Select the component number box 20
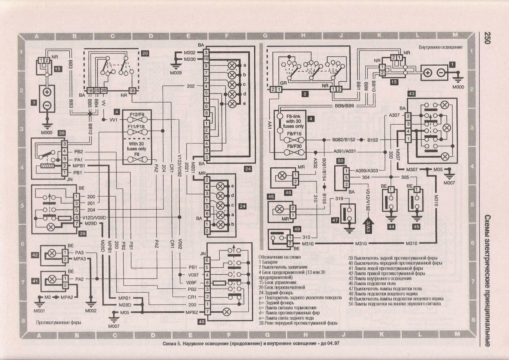145,53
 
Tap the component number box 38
62,133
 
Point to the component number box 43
411,93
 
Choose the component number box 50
340,161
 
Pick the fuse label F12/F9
137,114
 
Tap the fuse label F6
137,154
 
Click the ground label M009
176,73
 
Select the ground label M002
91,311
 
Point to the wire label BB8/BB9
344,106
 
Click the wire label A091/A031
344,151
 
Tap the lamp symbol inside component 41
52,279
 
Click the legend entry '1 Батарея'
268,262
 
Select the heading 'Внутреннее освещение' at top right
440,47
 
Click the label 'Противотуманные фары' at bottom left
58,323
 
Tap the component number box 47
335,220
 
